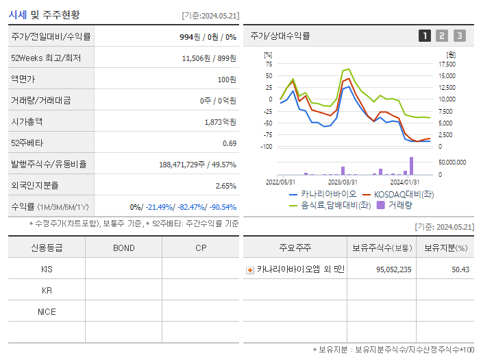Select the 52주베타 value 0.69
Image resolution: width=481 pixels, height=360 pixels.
(229, 143)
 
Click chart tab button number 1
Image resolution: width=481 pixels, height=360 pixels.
(425, 36)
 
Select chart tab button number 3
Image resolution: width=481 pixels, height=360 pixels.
(459, 36)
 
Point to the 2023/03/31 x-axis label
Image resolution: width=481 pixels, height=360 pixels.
(343, 182)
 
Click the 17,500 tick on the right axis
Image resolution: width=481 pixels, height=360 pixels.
(447, 64)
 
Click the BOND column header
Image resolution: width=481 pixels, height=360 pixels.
(123, 248)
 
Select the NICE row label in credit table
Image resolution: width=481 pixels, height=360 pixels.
(47, 312)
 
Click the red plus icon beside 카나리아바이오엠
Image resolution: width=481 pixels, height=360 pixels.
(250, 270)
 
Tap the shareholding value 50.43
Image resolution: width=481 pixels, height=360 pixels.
(460, 269)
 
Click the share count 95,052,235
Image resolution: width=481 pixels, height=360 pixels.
(393, 269)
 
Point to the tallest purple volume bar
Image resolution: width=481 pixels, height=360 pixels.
(412, 166)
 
